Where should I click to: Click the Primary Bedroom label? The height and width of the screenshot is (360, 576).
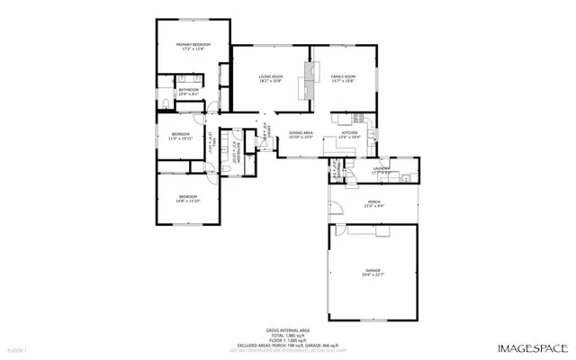click(x=193, y=45)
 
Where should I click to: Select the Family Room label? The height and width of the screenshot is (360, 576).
click(x=343, y=77)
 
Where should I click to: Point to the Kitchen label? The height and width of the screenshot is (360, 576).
click(x=349, y=135)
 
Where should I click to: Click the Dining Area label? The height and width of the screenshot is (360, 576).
click(x=301, y=134)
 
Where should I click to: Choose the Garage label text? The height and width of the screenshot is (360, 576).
click(x=373, y=269)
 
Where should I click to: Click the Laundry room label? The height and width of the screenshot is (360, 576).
click(x=382, y=167)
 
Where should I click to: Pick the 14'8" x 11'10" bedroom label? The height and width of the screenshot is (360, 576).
click(x=187, y=197)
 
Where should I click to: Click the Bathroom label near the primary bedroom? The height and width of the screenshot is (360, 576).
click(x=188, y=90)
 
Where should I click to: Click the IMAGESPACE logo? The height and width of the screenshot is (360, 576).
click(x=532, y=347)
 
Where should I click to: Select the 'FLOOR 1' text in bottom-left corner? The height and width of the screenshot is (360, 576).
click(x=17, y=348)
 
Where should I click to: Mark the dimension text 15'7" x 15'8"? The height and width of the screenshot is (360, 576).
click(x=343, y=82)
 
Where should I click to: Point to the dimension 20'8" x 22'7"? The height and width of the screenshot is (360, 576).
click(x=373, y=274)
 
